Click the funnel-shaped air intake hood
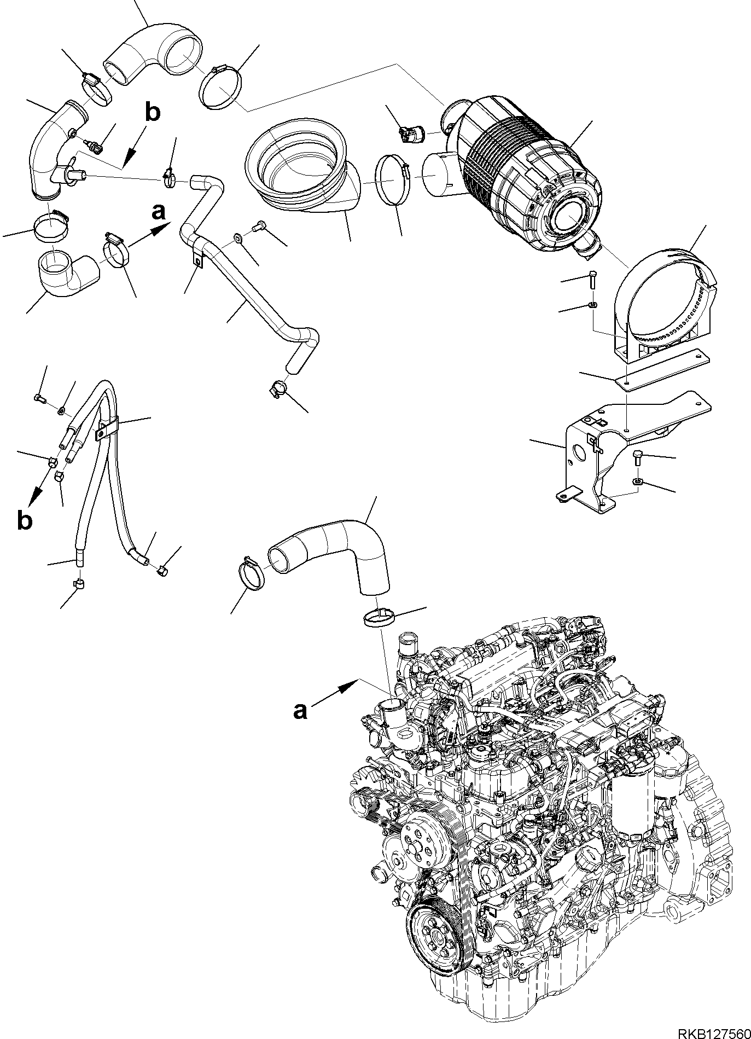[x=301, y=164]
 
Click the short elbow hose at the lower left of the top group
[x=66, y=272]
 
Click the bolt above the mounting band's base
[x=593, y=280]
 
